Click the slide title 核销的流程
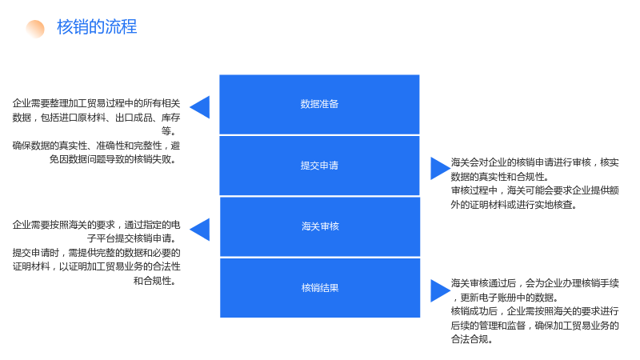pyautogui.click(x=97, y=27)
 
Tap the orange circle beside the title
pyautogui.click(x=35, y=29)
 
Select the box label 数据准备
pyautogui.click(x=319, y=104)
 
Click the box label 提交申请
pyautogui.click(x=319, y=166)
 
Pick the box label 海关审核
pyautogui.click(x=320, y=226)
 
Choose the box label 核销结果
pyautogui.click(x=320, y=288)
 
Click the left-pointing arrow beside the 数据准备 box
pyautogui.click(x=200, y=107)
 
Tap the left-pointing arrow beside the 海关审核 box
pyautogui.click(x=200, y=230)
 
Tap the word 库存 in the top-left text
pyautogui.click(x=170, y=118)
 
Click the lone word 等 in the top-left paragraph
pyautogui.click(x=166, y=131)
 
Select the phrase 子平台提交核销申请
pyautogui.click(x=129, y=238)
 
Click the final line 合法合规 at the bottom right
pyautogui.click(x=471, y=339)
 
